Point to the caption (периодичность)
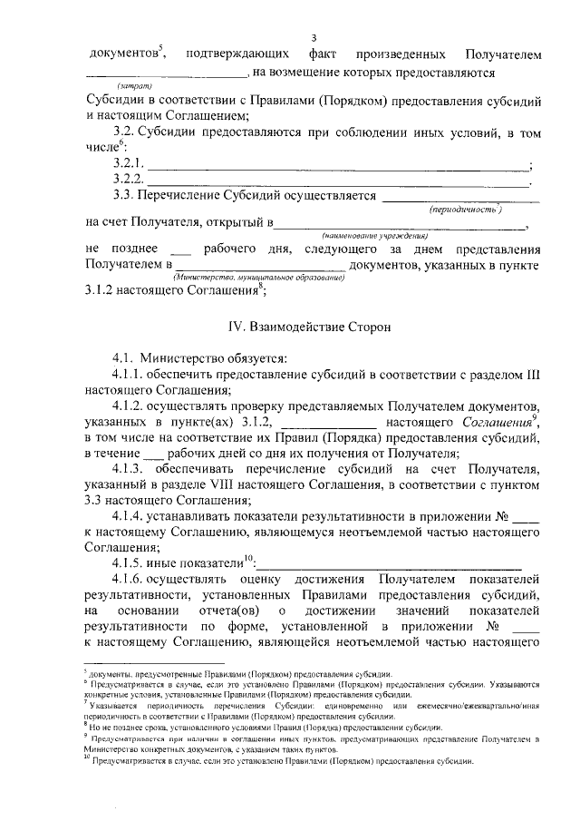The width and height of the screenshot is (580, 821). [x=467, y=209]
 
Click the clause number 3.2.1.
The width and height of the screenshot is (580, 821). [x=129, y=163]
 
